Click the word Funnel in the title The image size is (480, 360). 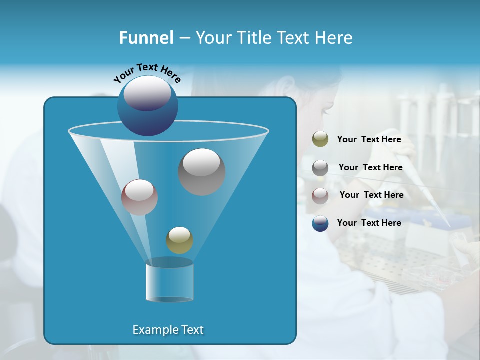tap(146, 38)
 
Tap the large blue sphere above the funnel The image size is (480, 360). tap(147, 106)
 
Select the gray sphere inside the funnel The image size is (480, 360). tap(201, 172)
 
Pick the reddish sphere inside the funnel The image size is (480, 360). tap(139, 197)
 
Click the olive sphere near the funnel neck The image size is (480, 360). tap(179, 240)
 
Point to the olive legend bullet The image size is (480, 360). tap(320, 139)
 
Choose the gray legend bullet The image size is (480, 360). tap(320, 168)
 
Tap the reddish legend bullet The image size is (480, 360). tap(320, 195)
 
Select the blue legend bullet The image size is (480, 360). tap(320, 223)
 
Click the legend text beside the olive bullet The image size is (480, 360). tap(369, 139)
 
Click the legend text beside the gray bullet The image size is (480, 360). tap(370, 167)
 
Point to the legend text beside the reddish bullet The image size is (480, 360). tap(371, 195)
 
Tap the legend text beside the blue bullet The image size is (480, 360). tap(369, 223)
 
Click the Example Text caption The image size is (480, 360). tap(168, 330)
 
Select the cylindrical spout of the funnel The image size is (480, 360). tap(169, 282)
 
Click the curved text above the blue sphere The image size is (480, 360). tap(147, 73)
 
